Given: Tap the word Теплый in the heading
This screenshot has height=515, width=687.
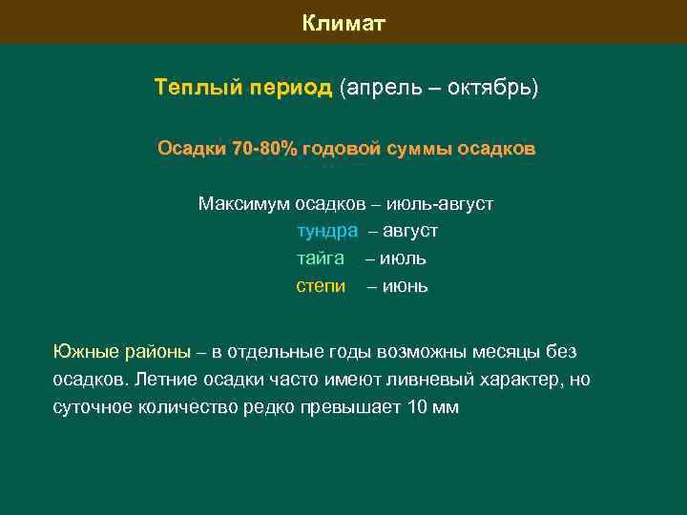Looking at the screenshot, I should pos(186,88).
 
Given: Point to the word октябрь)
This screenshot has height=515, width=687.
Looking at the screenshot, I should pos(492,88).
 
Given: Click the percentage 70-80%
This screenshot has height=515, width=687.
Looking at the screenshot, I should pos(264,149).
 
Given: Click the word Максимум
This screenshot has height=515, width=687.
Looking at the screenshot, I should pos(243,203).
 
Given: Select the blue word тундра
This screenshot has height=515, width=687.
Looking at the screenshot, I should pos(327,231).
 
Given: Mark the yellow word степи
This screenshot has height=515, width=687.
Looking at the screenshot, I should pos(321,286).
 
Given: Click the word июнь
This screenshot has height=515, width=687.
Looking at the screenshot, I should pos(406,286).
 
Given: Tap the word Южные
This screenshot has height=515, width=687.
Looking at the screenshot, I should pos(85,352).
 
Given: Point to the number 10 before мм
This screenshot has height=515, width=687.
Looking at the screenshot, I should pos(417,407).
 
